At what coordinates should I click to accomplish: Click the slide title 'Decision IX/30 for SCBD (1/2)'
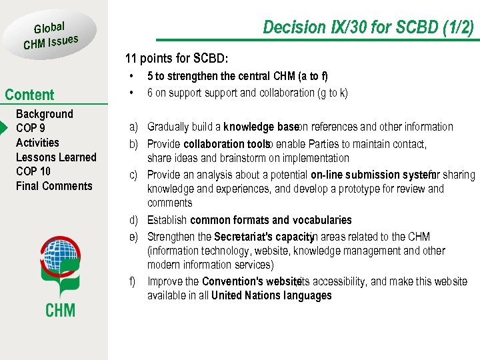368,27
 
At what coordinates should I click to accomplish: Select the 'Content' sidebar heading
29,95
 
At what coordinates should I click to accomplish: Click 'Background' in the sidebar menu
44,114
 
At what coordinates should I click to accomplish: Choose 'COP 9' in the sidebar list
31,128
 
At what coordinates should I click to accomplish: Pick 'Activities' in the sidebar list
37,143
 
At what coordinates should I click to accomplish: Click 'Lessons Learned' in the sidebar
56,157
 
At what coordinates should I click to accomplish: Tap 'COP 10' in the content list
33,171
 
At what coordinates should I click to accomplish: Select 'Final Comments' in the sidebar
54,186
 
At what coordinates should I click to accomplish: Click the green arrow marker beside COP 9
4,128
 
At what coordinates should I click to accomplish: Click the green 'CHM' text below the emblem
60,310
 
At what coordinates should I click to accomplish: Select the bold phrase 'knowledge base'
260,127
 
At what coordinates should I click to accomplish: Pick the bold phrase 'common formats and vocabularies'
271,220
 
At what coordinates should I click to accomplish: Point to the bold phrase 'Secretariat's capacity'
263,237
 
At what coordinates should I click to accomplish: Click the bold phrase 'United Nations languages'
271,295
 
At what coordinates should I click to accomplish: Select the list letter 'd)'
134,220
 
